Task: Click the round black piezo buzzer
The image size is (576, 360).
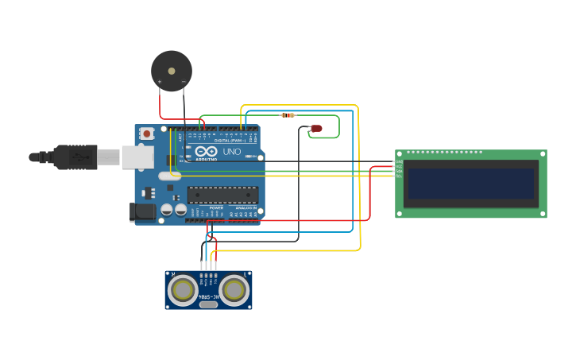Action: (172, 71)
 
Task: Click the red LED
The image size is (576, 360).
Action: (315, 128)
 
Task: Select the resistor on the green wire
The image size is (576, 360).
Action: (288, 115)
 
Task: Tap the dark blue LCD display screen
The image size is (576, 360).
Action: (470, 183)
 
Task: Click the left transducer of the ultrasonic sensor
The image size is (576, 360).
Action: (184, 290)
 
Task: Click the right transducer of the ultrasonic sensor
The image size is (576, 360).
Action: (234, 290)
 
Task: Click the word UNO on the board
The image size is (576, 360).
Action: (231, 151)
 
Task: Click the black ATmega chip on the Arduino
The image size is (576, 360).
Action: (222, 195)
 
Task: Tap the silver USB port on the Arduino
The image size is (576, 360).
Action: (137, 157)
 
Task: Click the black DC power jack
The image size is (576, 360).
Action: (143, 211)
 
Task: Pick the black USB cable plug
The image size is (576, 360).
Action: (75, 157)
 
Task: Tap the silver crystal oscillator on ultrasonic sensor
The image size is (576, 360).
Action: (208, 304)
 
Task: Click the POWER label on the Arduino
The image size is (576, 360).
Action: (216, 207)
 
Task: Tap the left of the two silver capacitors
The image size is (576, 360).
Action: (168, 210)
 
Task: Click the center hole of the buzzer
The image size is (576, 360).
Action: (172, 71)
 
